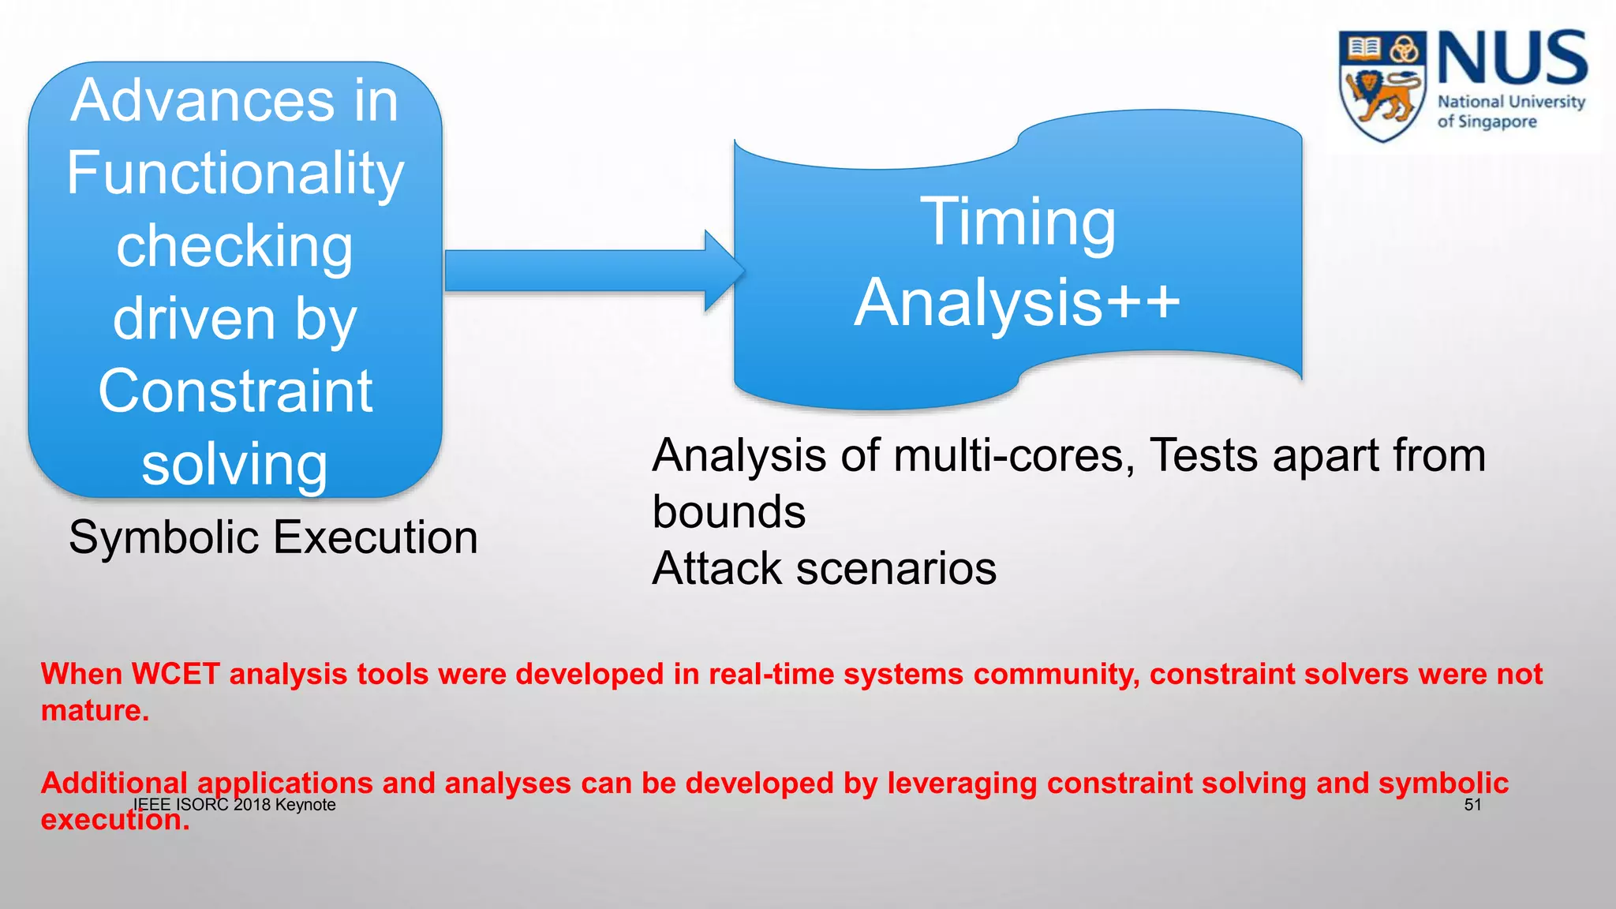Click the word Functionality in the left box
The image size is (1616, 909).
[235, 174]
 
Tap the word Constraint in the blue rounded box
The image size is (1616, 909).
[235, 391]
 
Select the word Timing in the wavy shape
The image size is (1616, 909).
[1018, 223]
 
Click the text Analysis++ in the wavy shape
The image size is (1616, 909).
[1018, 303]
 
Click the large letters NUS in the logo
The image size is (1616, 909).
[1512, 58]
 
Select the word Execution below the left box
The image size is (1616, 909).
[376, 538]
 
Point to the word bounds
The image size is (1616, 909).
[729, 512]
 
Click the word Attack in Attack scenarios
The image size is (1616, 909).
[718, 568]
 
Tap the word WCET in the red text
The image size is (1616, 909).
[175, 674]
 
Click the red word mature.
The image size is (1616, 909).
[95, 711]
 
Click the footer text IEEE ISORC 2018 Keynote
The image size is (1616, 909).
[234, 805]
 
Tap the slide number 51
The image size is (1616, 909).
[1472, 805]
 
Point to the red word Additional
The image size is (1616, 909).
[114, 783]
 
